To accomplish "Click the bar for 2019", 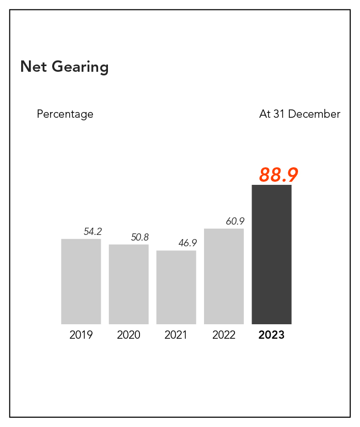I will coord(81,281).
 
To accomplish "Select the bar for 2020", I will coord(129,284).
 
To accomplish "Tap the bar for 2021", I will coord(176,287).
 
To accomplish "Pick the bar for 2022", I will coord(224,276).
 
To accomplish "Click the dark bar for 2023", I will coord(272,254).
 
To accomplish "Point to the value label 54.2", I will coord(93,232).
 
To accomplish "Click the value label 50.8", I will coord(139,238).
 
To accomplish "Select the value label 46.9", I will coord(187,243).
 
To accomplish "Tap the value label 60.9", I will coord(235,222).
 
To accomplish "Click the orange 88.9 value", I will coord(279,175).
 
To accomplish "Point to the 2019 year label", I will coord(81,335).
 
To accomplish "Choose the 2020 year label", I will coord(129,335).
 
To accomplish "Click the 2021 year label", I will coord(176,335).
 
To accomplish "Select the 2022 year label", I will coord(224,335).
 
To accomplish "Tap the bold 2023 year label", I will coord(272,335).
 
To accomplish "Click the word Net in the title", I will coord(32,67).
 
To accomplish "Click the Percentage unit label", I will coord(65,114).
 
